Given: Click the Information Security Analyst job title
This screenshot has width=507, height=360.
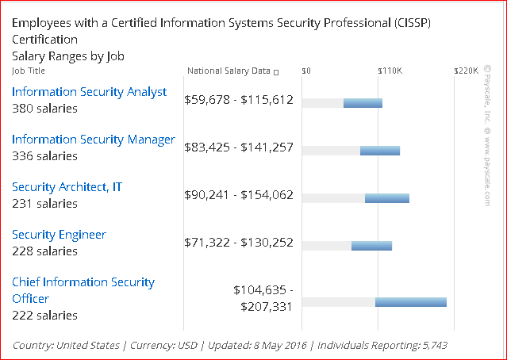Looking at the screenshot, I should point(89,92).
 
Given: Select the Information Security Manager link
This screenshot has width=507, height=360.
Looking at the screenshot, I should point(93,140).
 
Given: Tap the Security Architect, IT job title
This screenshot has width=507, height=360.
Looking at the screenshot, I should point(67,187).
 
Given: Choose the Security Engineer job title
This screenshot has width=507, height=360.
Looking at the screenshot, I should point(59,235).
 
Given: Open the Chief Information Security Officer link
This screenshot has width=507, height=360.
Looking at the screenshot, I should point(83,290).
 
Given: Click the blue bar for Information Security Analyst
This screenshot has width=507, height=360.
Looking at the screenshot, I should point(363,103).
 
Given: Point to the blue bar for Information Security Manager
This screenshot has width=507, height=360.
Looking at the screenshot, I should point(380,151).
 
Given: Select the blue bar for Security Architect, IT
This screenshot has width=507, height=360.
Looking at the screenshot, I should point(387,197).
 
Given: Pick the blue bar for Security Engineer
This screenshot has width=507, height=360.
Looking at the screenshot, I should point(371,245).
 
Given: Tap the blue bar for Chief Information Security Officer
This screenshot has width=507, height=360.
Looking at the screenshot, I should point(411,302).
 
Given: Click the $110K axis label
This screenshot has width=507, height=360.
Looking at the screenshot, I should point(390,71).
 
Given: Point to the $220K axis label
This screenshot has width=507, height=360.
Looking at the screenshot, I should point(466,71).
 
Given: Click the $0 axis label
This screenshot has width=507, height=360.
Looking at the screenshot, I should point(306,71).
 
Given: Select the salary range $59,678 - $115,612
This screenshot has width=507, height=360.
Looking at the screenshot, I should point(239,100).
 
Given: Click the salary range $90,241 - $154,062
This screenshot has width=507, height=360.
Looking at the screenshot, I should point(239,195).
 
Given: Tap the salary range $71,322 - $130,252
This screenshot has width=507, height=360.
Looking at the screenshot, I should point(239,243).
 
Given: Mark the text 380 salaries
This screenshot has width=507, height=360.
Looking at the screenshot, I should point(44,109).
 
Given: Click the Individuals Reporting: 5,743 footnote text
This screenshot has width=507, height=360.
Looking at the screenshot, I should point(388,346).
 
